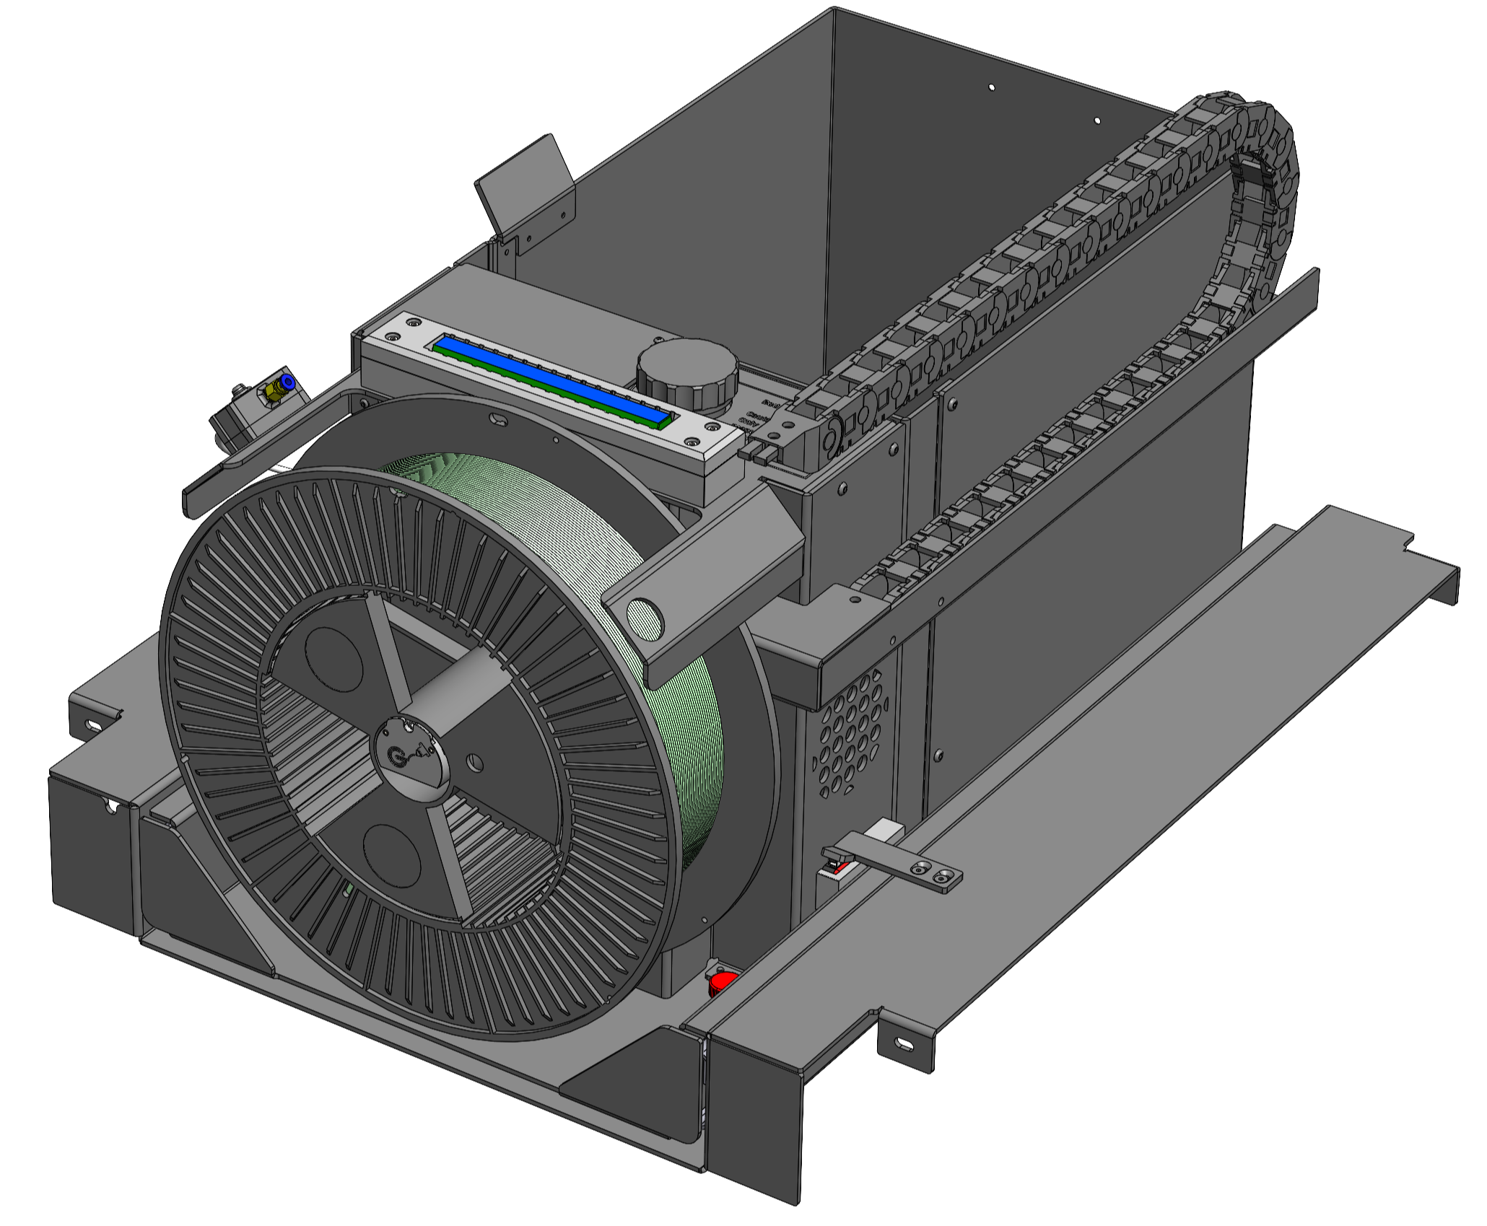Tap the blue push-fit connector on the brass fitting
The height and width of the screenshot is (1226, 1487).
[287, 380]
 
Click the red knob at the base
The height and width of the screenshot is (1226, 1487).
[722, 982]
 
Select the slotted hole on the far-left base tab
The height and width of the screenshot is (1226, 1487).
[94, 723]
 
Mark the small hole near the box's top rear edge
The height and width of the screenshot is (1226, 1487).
[991, 87]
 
